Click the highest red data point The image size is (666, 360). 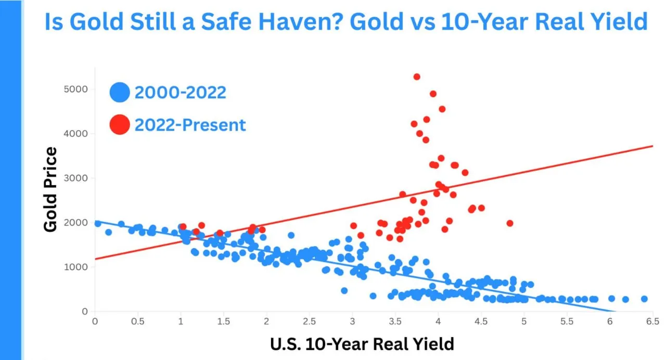[x=417, y=76]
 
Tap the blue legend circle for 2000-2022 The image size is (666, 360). [x=120, y=93]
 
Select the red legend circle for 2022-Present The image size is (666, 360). [x=120, y=125]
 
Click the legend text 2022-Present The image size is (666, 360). [x=190, y=125]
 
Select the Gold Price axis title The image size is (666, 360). [x=50, y=189]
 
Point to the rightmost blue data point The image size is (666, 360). [x=644, y=299]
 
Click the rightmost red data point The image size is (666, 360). [x=510, y=223]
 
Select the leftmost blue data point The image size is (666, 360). [x=98, y=223]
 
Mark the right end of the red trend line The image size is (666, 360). [x=652, y=146]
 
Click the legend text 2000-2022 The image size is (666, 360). [x=180, y=93]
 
